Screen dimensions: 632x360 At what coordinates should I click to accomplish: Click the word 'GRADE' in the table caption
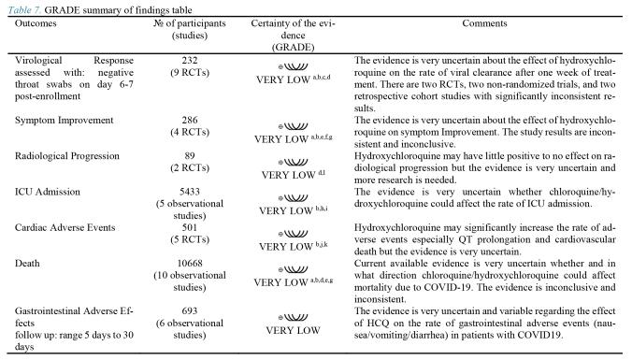click(x=57, y=7)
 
